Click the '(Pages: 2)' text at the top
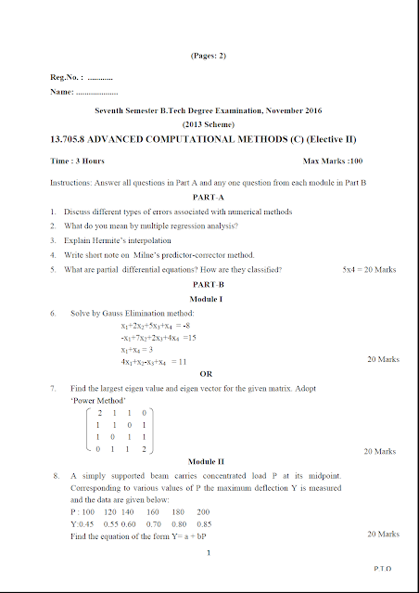coord(209,56)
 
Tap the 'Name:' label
coord(61,93)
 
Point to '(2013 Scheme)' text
coord(209,123)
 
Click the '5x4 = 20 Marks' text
coord(369,269)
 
